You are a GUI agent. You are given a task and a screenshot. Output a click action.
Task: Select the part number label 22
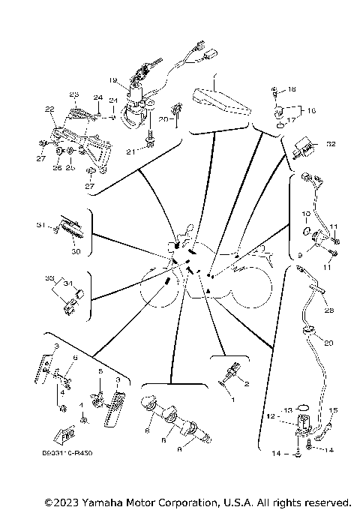50,109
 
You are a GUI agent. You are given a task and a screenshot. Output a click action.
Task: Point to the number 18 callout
292,89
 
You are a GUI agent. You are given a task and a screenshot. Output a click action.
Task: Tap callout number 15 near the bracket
334,409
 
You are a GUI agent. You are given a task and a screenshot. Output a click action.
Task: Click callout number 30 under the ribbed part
75,252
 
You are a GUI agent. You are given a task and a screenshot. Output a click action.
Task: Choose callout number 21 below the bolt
130,152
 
